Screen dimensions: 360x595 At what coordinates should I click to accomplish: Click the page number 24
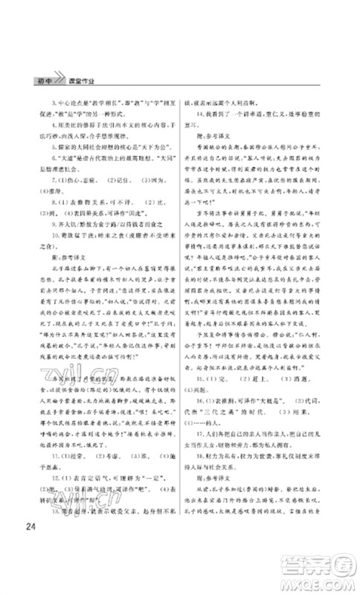coord(30,528)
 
